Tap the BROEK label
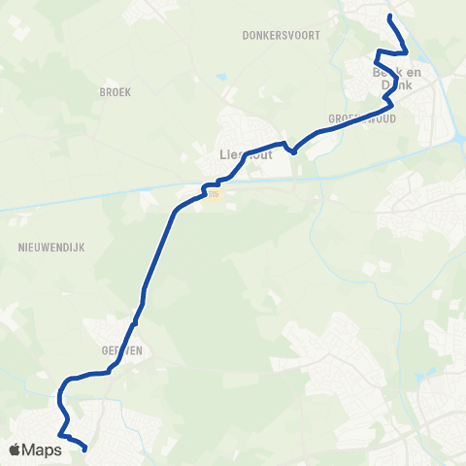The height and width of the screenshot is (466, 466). [115, 91]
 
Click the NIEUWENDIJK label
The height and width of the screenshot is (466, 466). [51, 248]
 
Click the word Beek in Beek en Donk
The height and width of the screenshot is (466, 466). [385, 72]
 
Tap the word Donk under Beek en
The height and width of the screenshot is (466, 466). [397, 84]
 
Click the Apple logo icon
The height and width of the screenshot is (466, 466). [17, 449]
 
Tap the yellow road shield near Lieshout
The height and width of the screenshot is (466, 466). [215, 194]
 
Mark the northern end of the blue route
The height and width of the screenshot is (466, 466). [389, 17]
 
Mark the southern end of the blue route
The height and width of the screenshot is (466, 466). [85, 449]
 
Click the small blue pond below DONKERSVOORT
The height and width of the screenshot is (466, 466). [222, 77]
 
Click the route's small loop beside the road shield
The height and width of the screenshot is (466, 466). [207, 187]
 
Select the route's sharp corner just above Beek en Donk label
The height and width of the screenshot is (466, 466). [378, 50]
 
